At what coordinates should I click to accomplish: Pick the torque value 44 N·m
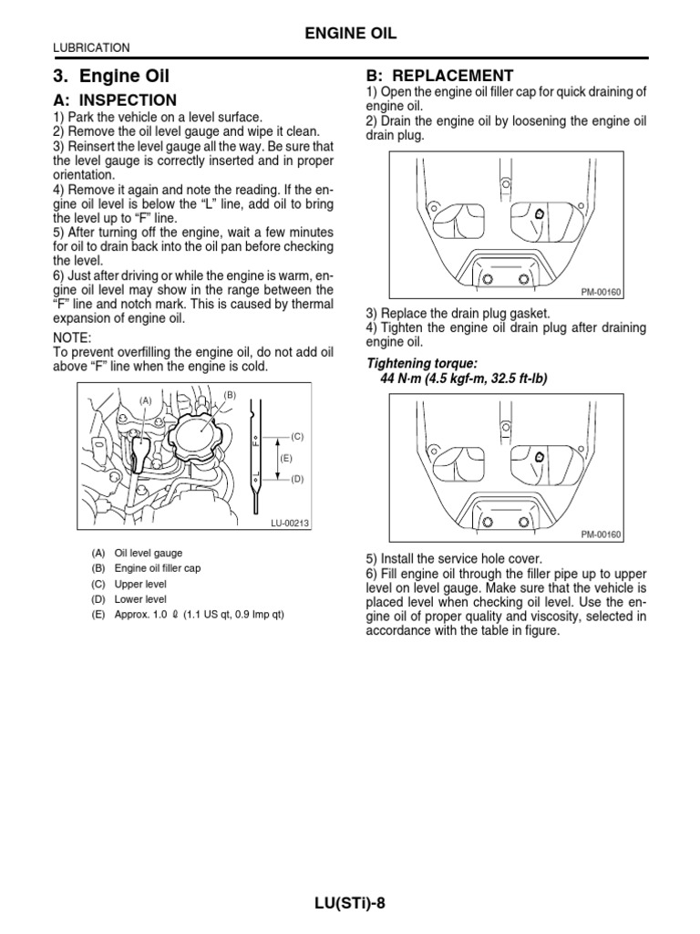pyautogui.click(x=405, y=379)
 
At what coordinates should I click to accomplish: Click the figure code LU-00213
pyautogui.click(x=291, y=523)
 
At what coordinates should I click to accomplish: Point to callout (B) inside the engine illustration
pyautogui.click(x=228, y=393)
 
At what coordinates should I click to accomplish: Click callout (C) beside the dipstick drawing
pyautogui.click(x=296, y=437)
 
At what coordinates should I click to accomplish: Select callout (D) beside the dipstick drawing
pyautogui.click(x=296, y=478)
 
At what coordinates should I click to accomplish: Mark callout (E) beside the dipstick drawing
pyautogui.click(x=285, y=458)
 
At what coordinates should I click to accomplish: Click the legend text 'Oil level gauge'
pyautogui.click(x=149, y=553)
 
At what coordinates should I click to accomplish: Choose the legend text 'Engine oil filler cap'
pyautogui.click(x=158, y=568)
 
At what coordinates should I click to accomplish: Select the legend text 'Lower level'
pyautogui.click(x=140, y=599)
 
